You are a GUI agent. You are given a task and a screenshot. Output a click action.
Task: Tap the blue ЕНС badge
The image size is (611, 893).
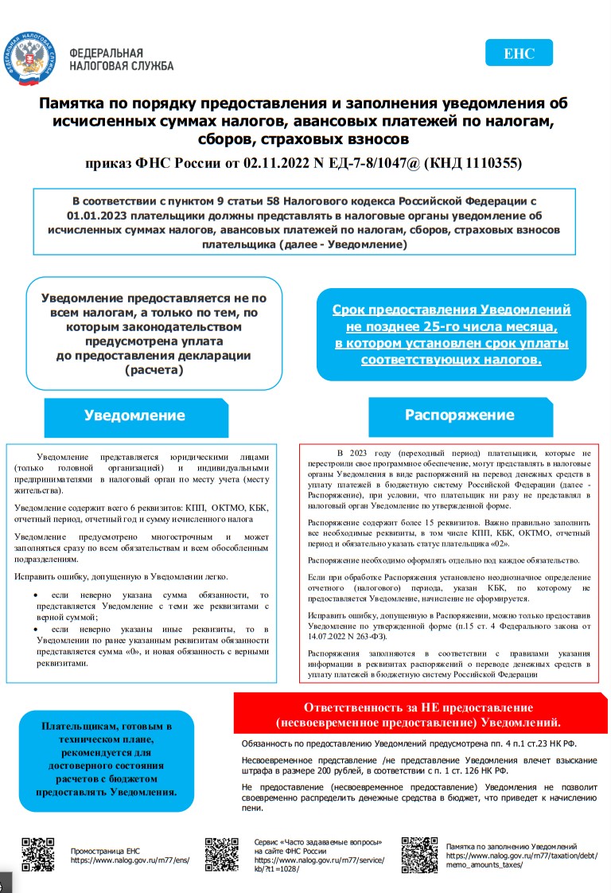point(519,53)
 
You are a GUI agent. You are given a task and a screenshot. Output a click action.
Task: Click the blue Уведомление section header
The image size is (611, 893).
point(134,415)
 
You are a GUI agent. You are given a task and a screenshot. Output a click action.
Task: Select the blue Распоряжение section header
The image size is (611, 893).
point(459,415)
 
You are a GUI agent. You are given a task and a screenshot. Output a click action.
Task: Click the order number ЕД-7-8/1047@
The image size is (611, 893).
point(374,164)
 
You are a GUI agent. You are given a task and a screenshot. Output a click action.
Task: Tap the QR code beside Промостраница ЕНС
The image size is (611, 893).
point(37,855)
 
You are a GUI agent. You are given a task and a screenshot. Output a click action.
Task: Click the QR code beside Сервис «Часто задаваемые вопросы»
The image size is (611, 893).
point(221,855)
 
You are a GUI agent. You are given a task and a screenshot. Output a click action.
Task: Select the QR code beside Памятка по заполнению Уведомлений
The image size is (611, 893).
point(418,855)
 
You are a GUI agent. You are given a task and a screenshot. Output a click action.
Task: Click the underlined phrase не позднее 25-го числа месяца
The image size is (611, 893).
point(451,326)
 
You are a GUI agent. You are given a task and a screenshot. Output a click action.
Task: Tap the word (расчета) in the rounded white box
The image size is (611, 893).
point(154,369)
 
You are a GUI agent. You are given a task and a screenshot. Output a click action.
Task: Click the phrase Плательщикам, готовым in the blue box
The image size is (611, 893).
point(106,727)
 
